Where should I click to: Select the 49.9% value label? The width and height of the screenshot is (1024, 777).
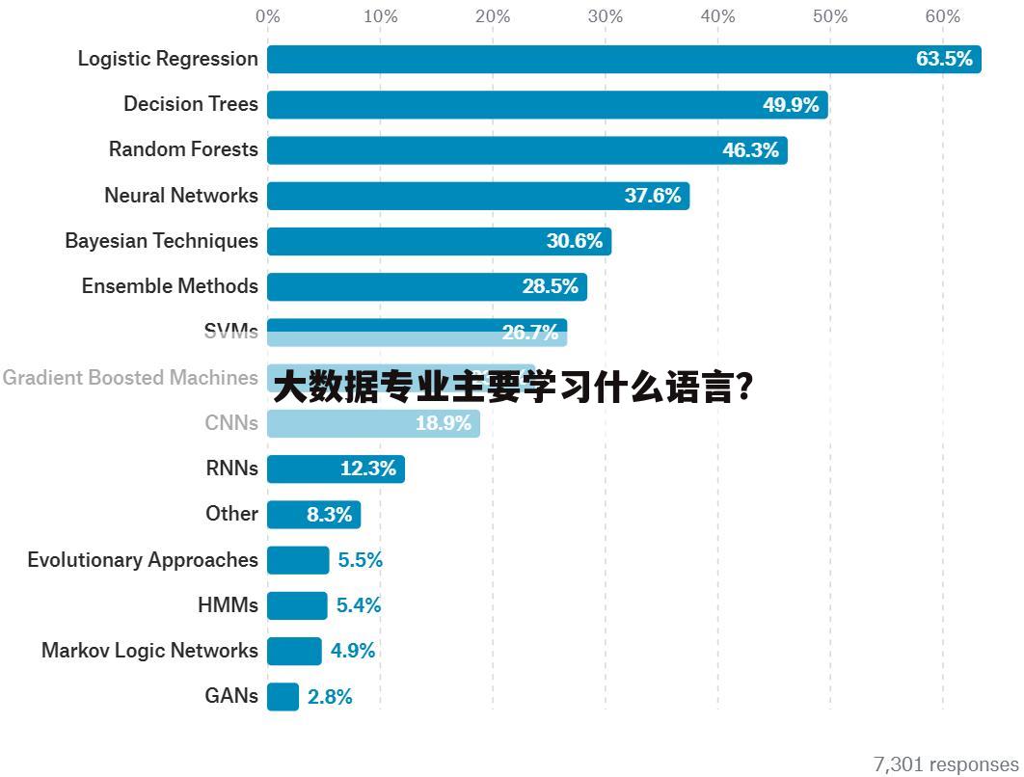coord(791,105)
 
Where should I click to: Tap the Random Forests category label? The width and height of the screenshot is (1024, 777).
coord(183,149)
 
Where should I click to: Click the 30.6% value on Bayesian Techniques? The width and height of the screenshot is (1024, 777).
coord(575,241)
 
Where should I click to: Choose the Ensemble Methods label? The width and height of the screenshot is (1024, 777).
coord(170,286)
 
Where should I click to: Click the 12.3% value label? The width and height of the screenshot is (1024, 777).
coord(368,469)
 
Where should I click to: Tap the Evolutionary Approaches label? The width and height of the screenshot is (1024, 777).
coord(143,560)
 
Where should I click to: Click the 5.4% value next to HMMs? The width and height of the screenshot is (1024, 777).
coord(359,605)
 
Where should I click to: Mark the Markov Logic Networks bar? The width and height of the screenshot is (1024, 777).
coord(294,651)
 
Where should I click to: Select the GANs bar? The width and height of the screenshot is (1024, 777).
coord(283,696)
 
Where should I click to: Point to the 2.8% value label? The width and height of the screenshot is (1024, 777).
coord(330,697)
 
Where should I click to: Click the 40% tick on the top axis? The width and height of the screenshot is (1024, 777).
coord(717,16)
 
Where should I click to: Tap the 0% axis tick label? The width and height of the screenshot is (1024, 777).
coord(268,16)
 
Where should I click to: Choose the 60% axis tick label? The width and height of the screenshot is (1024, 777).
coord(942,16)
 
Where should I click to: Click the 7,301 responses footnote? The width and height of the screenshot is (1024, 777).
coord(945,764)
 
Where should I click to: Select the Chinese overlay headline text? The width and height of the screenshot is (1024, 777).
coord(513,388)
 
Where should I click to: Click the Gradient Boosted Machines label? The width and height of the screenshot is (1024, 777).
coord(130,378)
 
